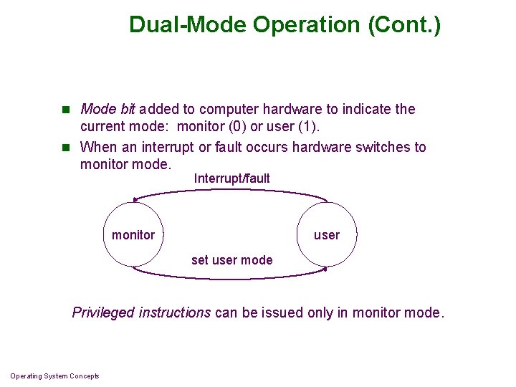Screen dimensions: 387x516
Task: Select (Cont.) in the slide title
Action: [405, 25]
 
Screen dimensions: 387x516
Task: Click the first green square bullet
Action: [64, 110]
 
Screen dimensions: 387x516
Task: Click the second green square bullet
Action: [64, 148]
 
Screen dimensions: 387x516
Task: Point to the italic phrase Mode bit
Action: [107, 110]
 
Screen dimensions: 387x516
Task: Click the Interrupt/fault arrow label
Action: [231, 178]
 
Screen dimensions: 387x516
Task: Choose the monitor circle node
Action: [133, 235]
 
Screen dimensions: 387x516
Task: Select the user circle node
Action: [327, 235]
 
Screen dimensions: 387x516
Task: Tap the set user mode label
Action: [231, 260]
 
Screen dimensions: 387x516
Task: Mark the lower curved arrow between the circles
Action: [229, 277]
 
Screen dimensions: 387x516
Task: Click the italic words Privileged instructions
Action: [141, 312]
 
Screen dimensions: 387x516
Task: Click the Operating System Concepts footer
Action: [54, 376]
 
